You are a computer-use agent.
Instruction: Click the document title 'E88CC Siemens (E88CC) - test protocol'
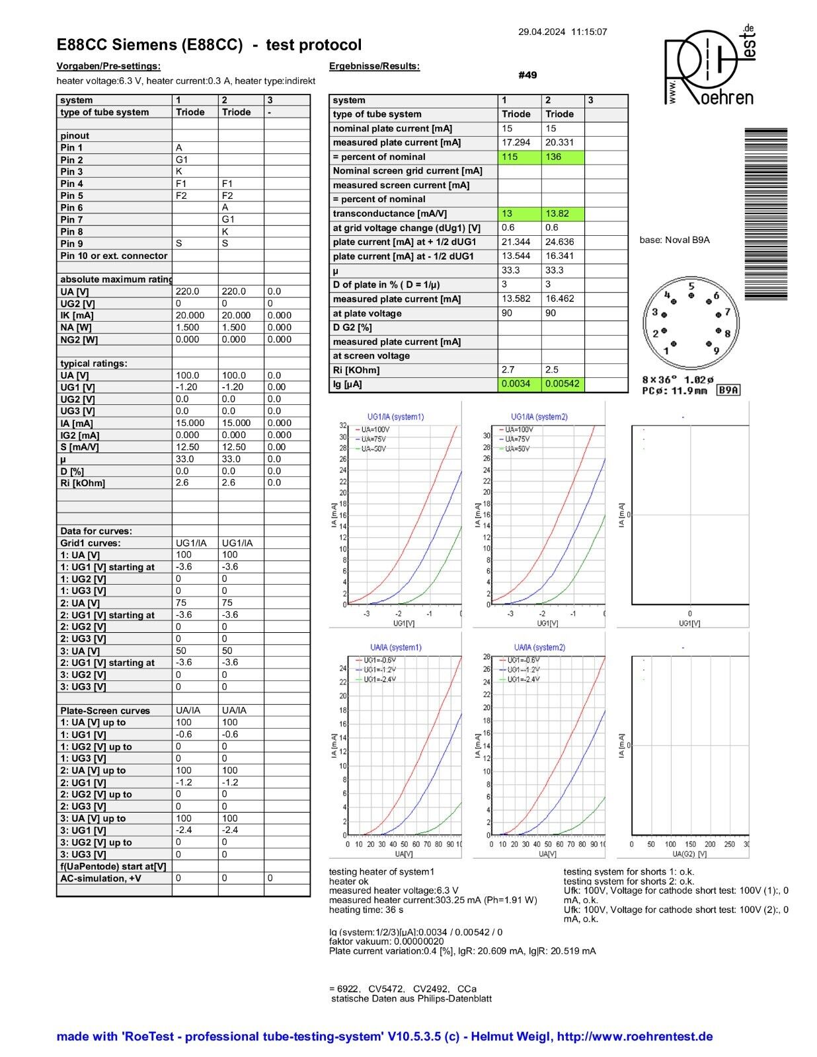(209, 45)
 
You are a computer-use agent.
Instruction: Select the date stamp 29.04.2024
(541, 32)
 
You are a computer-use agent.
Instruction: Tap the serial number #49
(527, 75)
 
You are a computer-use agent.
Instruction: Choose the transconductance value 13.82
(557, 214)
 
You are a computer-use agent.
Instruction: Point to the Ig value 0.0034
(515, 384)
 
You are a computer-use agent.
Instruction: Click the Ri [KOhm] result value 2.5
(551, 370)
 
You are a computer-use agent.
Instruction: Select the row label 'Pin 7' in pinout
(71, 219)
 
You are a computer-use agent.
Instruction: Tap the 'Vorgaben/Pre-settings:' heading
(108, 66)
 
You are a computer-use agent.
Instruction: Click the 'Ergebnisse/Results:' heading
(374, 66)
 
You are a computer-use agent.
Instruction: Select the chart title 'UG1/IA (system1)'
(395, 417)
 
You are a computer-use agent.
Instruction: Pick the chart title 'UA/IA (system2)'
(539, 647)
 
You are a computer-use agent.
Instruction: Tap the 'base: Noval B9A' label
(674, 240)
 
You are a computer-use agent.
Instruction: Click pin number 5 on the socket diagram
(691, 287)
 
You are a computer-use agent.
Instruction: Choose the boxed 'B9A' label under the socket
(728, 390)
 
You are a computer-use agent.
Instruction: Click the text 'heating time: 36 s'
(366, 910)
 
